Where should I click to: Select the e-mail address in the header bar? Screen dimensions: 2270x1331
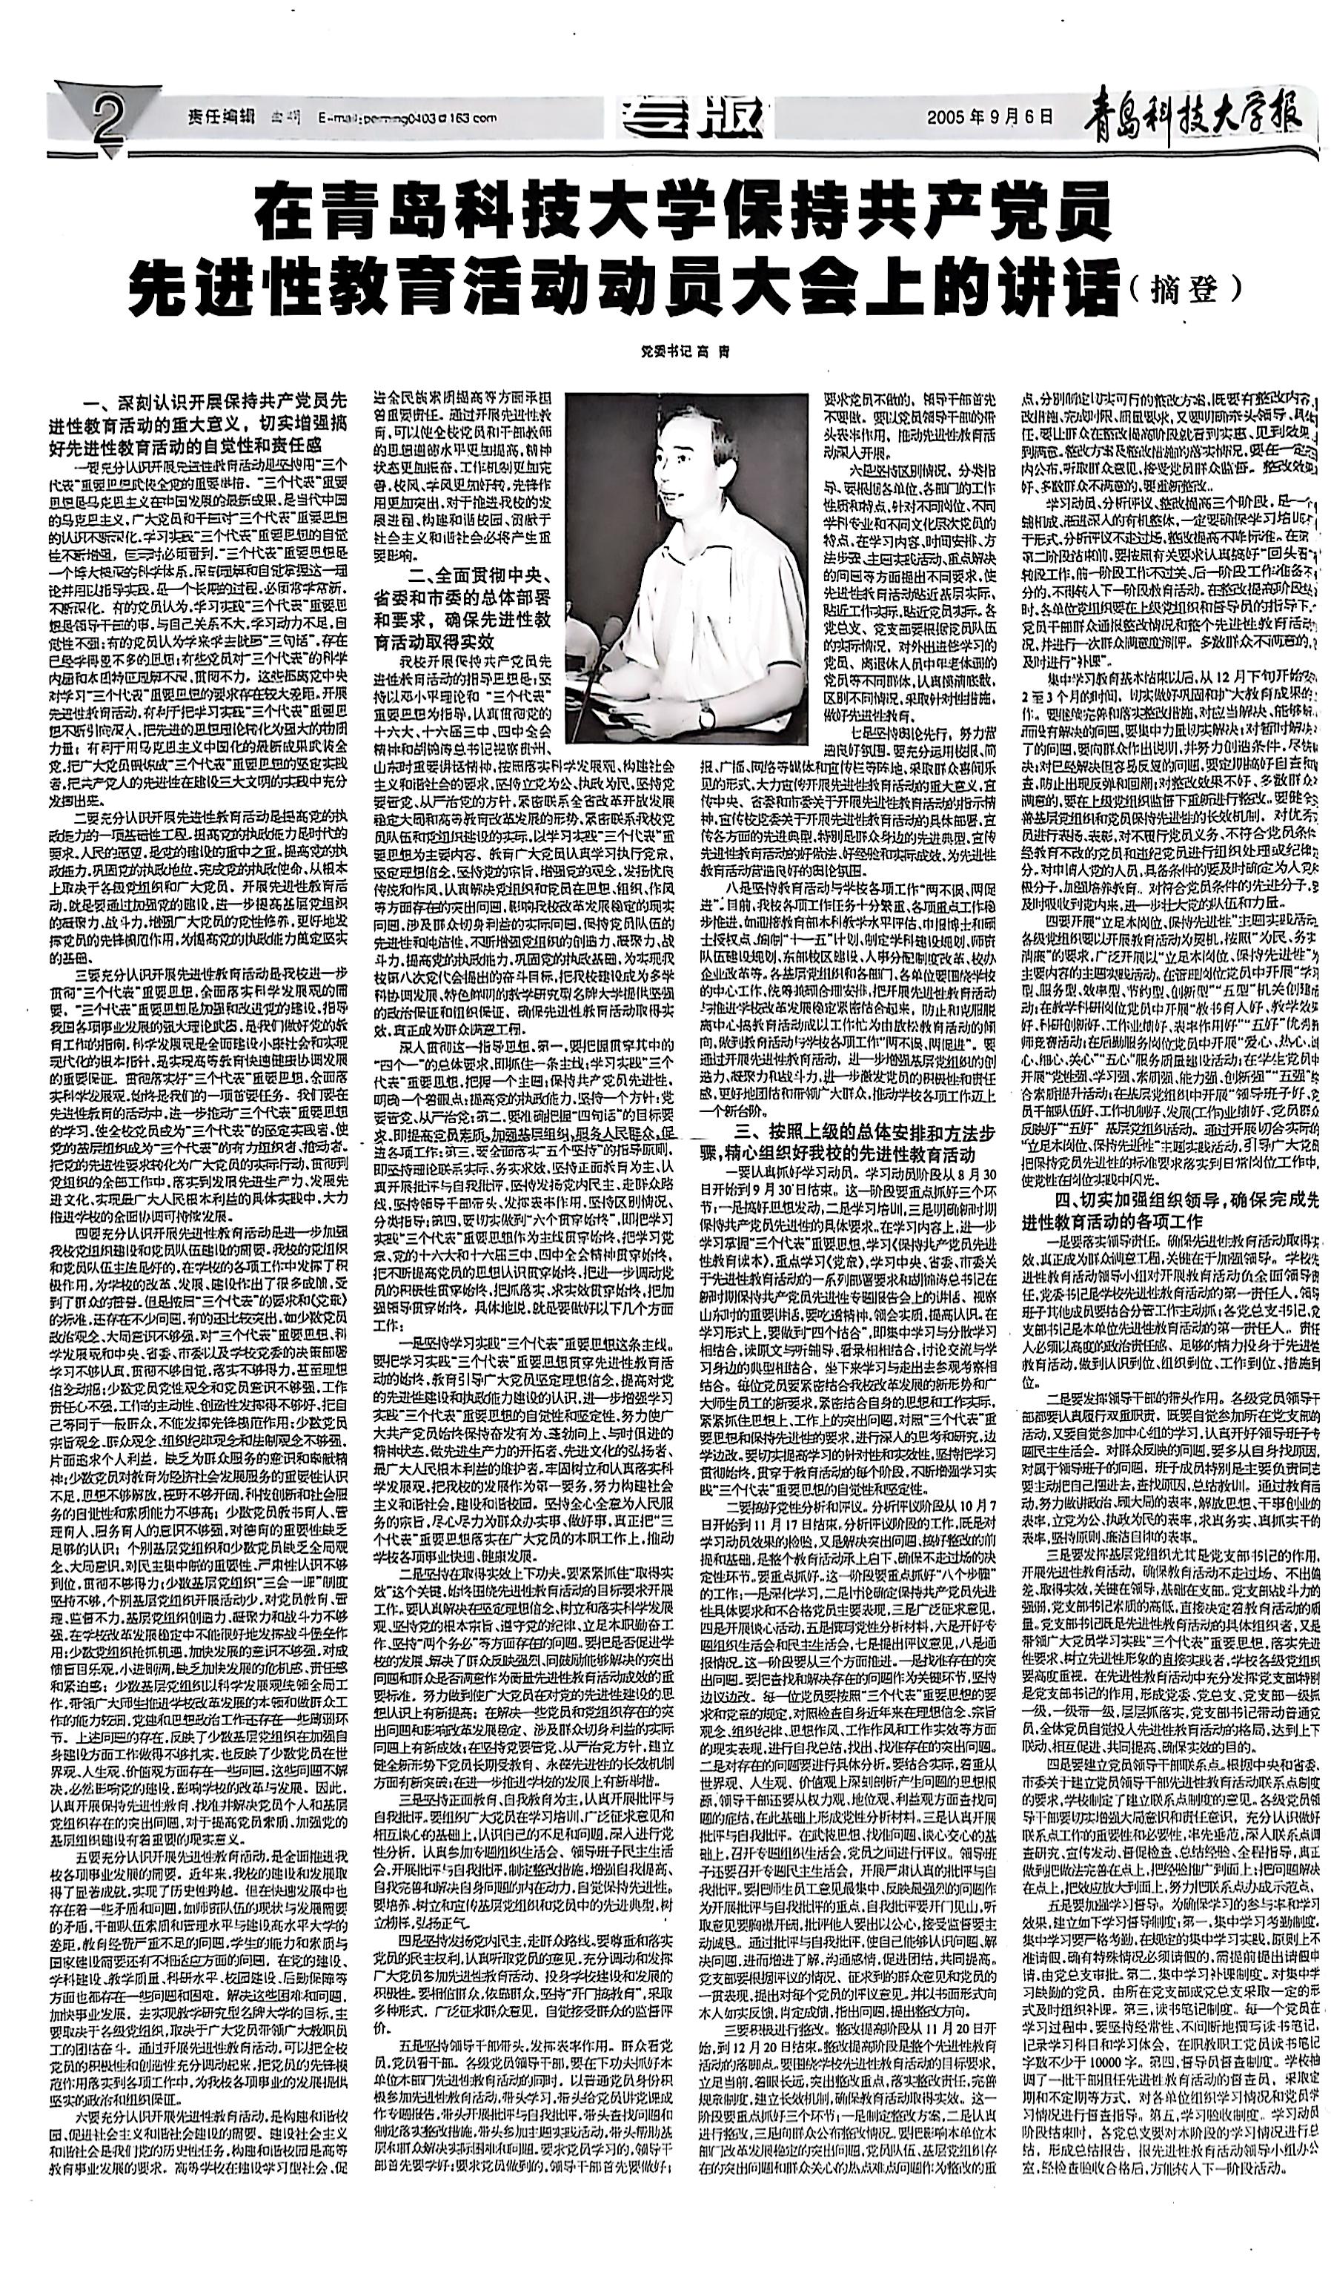[407, 117]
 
